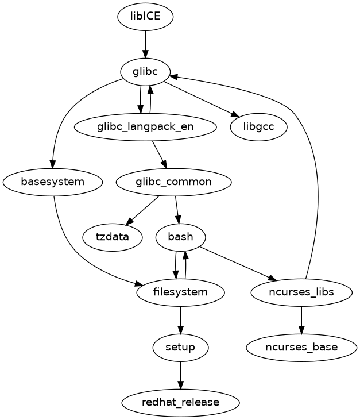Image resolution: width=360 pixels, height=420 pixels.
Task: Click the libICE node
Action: click(145, 17)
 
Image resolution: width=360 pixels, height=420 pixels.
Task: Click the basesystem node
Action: click(53, 182)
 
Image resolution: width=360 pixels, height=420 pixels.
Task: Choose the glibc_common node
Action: click(173, 182)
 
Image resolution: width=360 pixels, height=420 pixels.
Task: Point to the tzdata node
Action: click(112, 237)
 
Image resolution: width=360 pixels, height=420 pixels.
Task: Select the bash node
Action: click(181, 237)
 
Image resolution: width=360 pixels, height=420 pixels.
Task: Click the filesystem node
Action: click(181, 292)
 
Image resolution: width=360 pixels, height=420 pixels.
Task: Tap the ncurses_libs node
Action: click(301, 292)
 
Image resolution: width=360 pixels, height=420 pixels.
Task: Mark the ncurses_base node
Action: click(301, 347)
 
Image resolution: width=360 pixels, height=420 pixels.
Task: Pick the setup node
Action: click(181, 347)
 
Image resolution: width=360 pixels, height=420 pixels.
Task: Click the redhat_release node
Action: click(181, 402)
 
